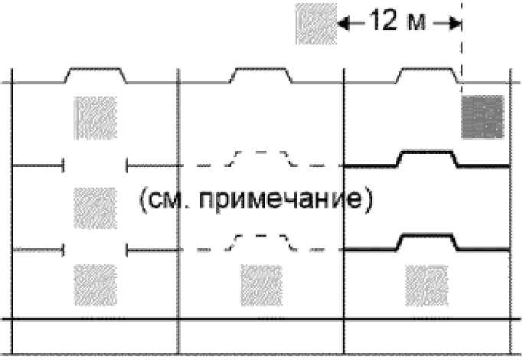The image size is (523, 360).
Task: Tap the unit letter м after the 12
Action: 416,21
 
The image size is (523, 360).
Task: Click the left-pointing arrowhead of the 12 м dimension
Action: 342,23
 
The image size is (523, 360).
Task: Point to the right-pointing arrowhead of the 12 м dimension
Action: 455,23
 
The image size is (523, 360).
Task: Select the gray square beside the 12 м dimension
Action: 315,24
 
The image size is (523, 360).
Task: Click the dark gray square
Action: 482,116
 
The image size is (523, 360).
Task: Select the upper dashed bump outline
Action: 260,153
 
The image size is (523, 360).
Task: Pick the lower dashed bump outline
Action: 260,237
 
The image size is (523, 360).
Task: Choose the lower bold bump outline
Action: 427,238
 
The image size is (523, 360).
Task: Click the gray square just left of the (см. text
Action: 94,205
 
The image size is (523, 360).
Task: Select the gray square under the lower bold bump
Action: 425,283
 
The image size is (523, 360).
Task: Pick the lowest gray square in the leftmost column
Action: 94,283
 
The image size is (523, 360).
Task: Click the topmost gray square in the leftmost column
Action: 94,117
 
